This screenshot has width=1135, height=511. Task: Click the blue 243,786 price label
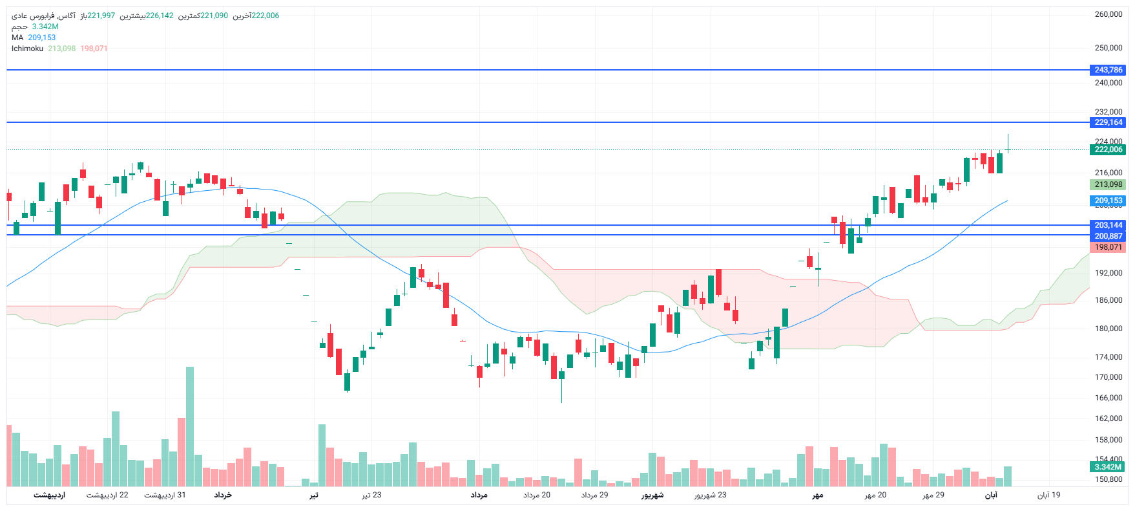[1108, 70]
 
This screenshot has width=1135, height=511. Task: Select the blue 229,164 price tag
[1108, 122]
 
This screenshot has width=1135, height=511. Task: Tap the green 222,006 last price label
[1108, 149]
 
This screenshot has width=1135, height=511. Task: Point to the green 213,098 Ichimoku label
[1108, 184]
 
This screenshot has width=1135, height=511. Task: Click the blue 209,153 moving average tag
[1108, 201]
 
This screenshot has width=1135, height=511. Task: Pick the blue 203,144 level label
[1108, 225]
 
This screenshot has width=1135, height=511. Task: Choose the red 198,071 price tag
[1108, 247]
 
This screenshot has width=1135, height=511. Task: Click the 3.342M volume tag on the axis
[1108, 467]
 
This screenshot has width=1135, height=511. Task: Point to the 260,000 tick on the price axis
[1108, 14]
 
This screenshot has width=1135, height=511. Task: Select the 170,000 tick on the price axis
[1108, 377]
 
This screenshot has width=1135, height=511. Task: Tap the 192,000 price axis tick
[1108, 273]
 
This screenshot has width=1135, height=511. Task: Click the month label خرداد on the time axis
[223, 495]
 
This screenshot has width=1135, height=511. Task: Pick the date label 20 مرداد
[537, 495]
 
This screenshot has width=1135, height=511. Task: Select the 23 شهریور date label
[710, 495]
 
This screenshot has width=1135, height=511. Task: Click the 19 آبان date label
[1048, 495]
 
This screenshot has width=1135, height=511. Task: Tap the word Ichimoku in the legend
[27, 49]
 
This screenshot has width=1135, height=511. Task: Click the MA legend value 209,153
[42, 38]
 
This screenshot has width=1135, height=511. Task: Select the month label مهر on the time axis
[818, 495]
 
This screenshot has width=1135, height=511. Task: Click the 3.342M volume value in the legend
[45, 27]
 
